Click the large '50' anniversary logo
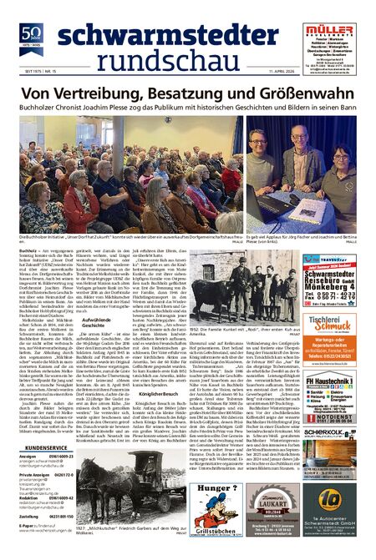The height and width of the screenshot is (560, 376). click(x=31, y=32)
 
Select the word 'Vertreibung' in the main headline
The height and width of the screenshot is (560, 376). click(x=94, y=94)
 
